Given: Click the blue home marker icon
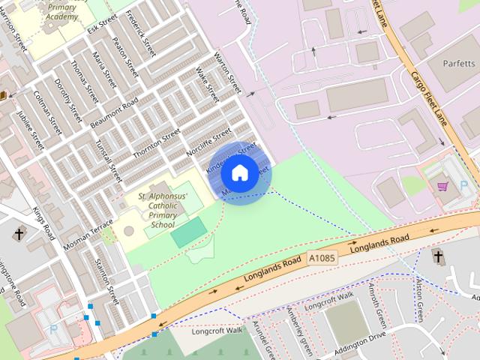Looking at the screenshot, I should click(238, 172).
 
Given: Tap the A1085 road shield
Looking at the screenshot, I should click(322, 258).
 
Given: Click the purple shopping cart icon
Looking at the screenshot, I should click(442, 185).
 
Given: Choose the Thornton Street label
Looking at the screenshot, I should click(157, 143).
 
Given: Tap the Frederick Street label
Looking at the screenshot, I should click(141, 33).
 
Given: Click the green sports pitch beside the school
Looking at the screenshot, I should click(187, 232).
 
